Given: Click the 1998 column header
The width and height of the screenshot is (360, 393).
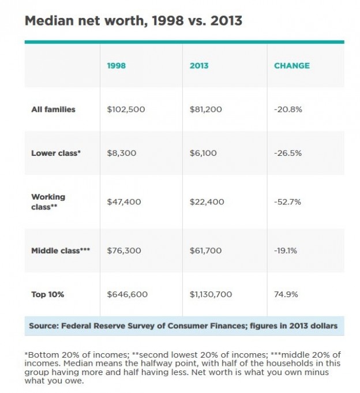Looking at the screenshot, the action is pos(116,66).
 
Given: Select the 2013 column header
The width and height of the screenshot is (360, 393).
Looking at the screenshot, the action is pos(199,66).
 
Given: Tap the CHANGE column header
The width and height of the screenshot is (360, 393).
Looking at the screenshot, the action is pos(292,66).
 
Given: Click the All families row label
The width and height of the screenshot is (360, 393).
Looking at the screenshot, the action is pos(53,109).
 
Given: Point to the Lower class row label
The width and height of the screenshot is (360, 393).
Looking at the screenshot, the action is pos(56,153).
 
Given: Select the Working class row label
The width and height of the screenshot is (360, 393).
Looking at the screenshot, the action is pos(48,202).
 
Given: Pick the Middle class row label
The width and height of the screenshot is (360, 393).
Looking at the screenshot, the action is pos(61,250).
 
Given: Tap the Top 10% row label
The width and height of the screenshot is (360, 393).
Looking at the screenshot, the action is pos(48,294).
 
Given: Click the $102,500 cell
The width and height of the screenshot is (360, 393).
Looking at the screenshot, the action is pos(126,109).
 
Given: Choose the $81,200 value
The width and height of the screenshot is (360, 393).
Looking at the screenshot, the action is pos(206,109).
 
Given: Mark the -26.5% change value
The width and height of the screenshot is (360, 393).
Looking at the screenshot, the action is pos(288,153).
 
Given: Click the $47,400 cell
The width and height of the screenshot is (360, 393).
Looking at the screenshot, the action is pos(124,202).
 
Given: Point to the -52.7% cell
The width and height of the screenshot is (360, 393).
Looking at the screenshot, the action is pos(287,202).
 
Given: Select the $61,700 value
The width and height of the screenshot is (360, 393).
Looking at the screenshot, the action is pos(205,250).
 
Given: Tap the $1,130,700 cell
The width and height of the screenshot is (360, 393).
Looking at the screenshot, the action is pos(211,294).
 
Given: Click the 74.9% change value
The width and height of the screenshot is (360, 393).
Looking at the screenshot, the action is pos(286,294).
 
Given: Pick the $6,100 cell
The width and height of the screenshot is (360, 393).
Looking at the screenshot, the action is pos(203,153).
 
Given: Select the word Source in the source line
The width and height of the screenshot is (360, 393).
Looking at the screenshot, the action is pos(44,326).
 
